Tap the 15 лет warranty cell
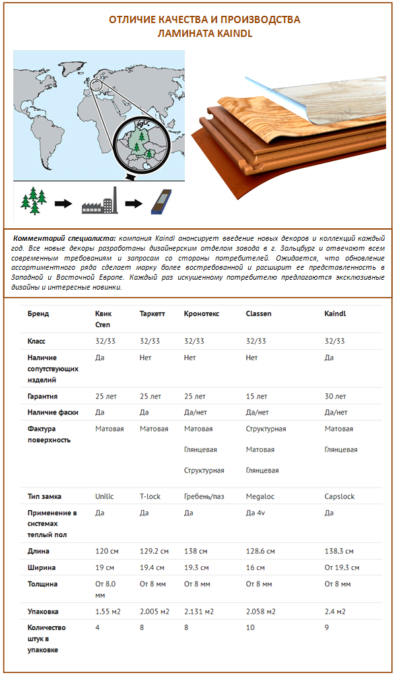(x=256, y=397)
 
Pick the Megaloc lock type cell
(x=259, y=496)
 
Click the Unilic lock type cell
(x=106, y=496)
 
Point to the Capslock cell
(x=340, y=496)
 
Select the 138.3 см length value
(x=339, y=551)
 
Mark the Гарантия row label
(x=42, y=397)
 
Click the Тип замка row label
(x=46, y=496)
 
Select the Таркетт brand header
(x=152, y=313)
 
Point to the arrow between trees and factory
(x=63, y=203)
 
